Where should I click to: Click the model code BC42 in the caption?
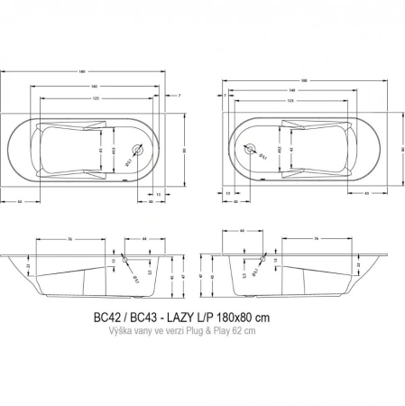pos(106,318)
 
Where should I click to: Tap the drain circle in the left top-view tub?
pos(138,152)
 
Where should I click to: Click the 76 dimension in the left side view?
pos(44,239)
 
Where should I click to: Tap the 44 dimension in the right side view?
pos(244,232)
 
